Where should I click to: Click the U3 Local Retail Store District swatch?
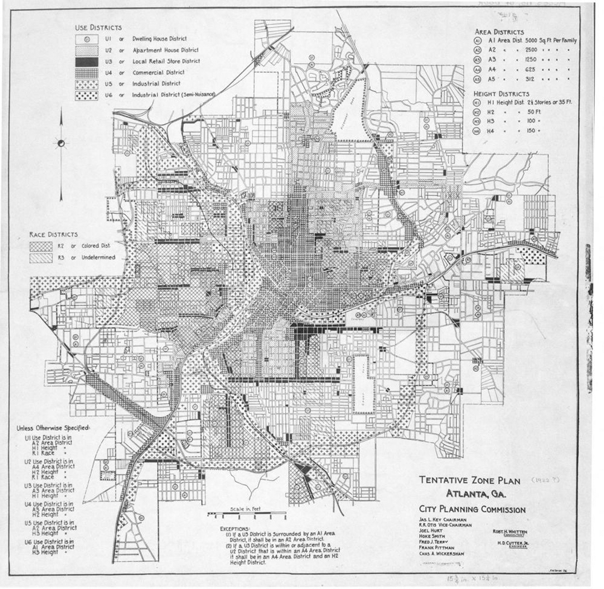[87, 61]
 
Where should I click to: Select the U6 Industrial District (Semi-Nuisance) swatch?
[87, 95]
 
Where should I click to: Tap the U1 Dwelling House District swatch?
[87, 39]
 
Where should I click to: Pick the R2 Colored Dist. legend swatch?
[41, 246]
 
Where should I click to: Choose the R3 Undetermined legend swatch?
[41, 258]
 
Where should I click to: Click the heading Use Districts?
[98, 28]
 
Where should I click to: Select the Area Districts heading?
[499, 31]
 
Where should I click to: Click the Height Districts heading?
[502, 94]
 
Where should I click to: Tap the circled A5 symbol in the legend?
[478, 79]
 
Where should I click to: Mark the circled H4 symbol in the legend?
[478, 131]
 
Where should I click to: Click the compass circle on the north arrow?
[60, 143]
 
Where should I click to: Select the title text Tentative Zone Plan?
[470, 480]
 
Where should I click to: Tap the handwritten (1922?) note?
[548, 480]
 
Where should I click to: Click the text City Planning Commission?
[472, 509]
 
